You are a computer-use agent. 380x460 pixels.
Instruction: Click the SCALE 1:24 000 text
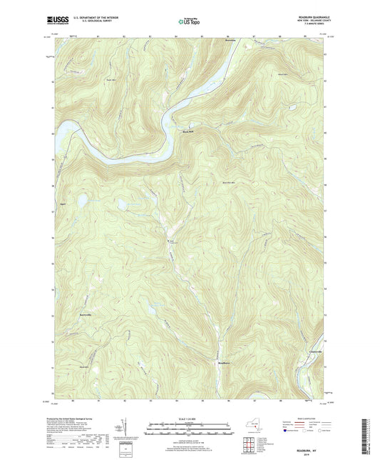(189, 419)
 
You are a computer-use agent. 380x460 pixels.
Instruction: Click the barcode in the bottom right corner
(369, 437)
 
